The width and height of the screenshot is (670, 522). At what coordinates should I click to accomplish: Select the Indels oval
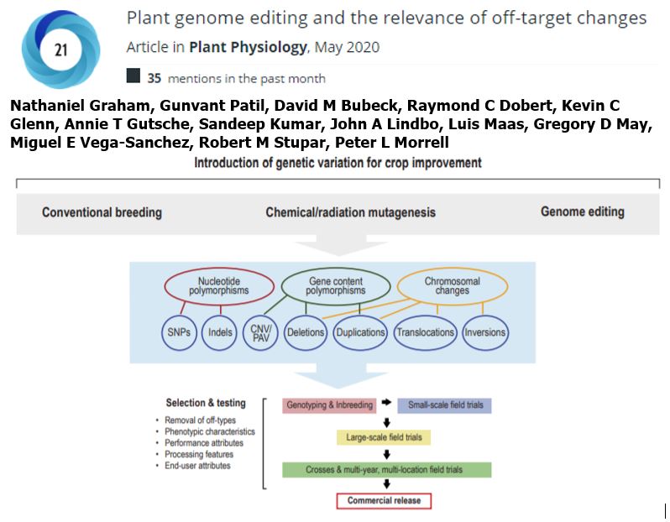click(220, 332)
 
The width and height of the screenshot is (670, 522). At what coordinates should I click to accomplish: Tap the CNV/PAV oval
click(260, 332)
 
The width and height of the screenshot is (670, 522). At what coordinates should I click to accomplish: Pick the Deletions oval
click(305, 332)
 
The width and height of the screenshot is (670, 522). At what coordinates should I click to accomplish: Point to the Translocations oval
click(425, 332)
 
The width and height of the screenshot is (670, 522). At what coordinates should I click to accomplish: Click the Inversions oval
click(485, 332)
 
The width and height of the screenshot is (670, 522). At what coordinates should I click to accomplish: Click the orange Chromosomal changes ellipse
click(452, 285)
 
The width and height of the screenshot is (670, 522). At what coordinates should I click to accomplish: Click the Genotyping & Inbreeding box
click(329, 405)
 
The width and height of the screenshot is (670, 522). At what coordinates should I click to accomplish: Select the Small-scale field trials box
click(444, 405)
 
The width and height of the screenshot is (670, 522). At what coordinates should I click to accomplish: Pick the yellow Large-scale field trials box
click(383, 437)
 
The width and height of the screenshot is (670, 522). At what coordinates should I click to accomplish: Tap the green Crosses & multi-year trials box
click(385, 470)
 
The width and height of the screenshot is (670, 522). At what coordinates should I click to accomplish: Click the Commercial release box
click(384, 501)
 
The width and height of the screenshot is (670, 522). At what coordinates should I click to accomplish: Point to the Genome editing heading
click(582, 212)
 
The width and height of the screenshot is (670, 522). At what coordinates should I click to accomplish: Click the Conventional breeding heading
click(102, 212)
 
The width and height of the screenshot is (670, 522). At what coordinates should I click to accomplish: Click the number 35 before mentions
click(154, 78)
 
